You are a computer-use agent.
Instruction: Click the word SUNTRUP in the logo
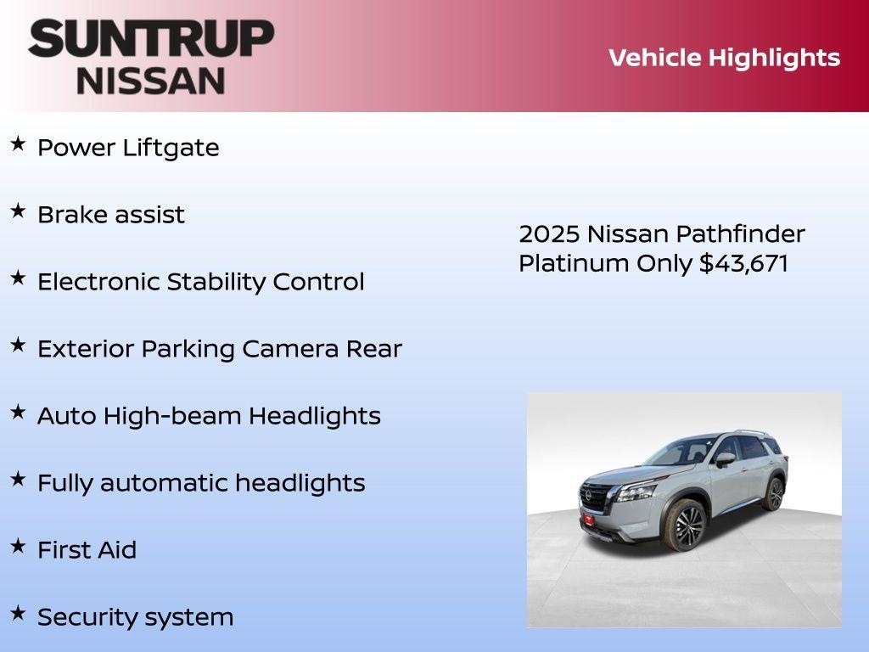point(151,38)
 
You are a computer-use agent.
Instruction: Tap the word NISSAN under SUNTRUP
point(151,81)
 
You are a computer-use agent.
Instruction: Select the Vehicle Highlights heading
point(724,58)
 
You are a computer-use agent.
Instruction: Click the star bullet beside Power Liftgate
point(18,144)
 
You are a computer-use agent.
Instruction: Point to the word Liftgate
point(171,148)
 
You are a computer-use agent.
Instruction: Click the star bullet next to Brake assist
point(18,211)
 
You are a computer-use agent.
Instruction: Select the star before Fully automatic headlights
point(18,480)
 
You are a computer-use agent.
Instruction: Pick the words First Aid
point(87,550)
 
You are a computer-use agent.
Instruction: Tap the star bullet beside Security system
point(18,614)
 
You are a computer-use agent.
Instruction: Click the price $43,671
point(743,263)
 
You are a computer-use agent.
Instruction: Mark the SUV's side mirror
point(724,459)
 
